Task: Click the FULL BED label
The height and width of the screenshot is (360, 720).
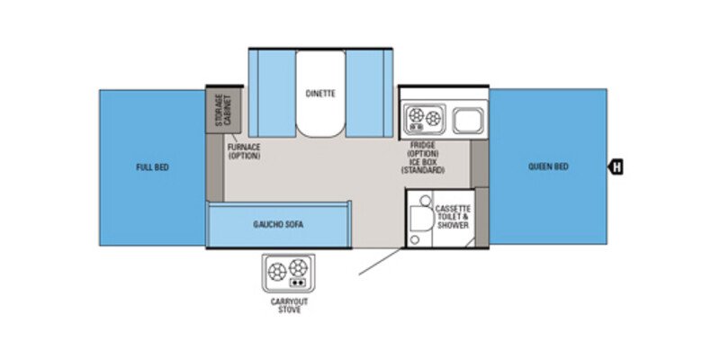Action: pyautogui.click(x=153, y=166)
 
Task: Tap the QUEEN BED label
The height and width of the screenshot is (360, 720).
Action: pyautogui.click(x=547, y=166)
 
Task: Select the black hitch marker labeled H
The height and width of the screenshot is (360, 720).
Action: pyautogui.click(x=616, y=166)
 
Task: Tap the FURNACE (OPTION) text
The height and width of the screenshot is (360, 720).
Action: pyautogui.click(x=243, y=150)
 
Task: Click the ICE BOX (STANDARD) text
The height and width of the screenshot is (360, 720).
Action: pyautogui.click(x=423, y=166)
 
